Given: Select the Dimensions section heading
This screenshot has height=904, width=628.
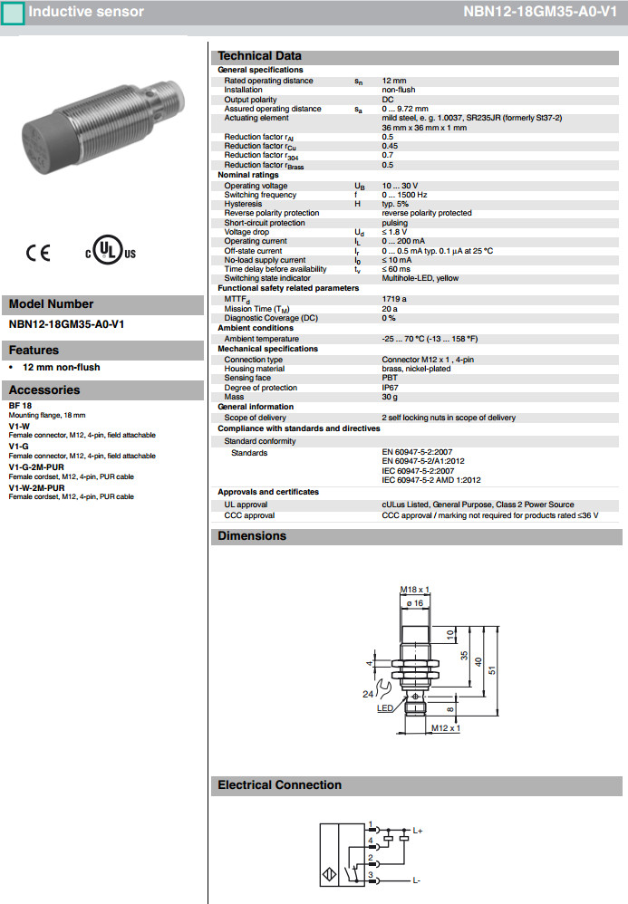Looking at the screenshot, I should point(251,536).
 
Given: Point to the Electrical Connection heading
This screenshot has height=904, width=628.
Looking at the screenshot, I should point(279,785).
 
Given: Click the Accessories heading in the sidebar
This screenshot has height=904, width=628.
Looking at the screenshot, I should point(44,390).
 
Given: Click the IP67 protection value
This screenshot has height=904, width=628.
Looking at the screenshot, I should point(390,388).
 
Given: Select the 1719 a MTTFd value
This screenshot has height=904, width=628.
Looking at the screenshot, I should point(394,298).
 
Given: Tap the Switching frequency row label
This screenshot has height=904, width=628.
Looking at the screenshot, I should point(260,195).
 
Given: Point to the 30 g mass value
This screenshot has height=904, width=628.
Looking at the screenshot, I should point(390,397).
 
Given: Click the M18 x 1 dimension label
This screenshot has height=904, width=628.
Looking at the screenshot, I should point(414,590).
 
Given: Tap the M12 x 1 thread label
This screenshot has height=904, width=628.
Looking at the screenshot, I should point(446,728).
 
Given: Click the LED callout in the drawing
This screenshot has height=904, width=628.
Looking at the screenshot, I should point(385,708).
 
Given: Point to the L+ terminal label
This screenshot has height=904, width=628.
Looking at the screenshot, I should point(419,830).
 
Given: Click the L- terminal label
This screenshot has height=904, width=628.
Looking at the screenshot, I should point(417,880).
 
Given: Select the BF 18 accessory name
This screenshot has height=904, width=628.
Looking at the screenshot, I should point(20,406).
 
